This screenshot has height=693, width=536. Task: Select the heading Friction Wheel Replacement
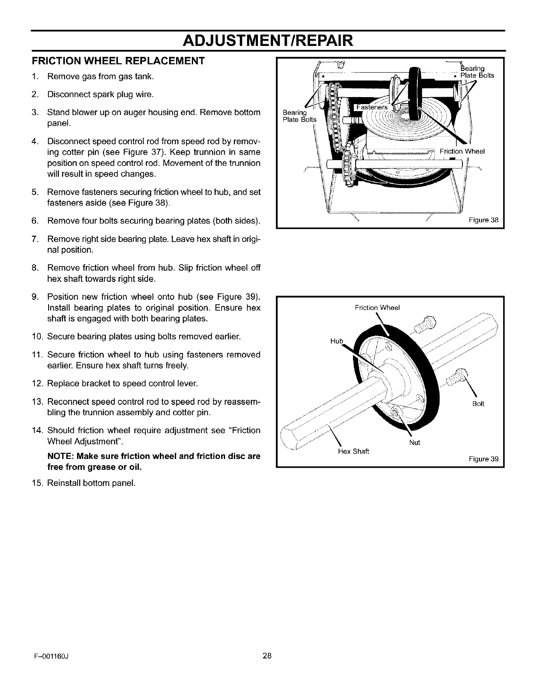tap(118, 61)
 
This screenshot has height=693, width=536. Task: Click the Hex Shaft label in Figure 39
tap(354, 451)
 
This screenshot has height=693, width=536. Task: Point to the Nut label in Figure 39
tap(414, 442)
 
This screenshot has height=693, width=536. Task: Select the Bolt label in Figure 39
tap(479, 403)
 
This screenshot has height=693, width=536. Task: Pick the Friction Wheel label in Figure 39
tap(377, 307)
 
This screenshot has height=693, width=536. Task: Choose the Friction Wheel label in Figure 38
tap(462, 151)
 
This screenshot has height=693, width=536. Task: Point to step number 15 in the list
tap(36, 483)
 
